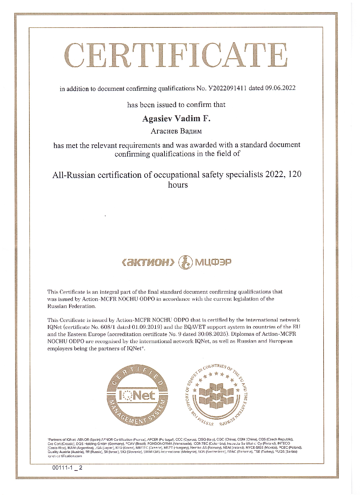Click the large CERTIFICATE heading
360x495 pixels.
coord(178,55)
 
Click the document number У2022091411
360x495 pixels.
coord(227,88)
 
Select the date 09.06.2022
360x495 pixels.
coord(281,88)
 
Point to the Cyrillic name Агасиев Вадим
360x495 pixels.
coord(176,131)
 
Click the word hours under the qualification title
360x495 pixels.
coord(178,185)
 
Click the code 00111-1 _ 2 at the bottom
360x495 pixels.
coord(67,469)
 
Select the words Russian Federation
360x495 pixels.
coord(71,306)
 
